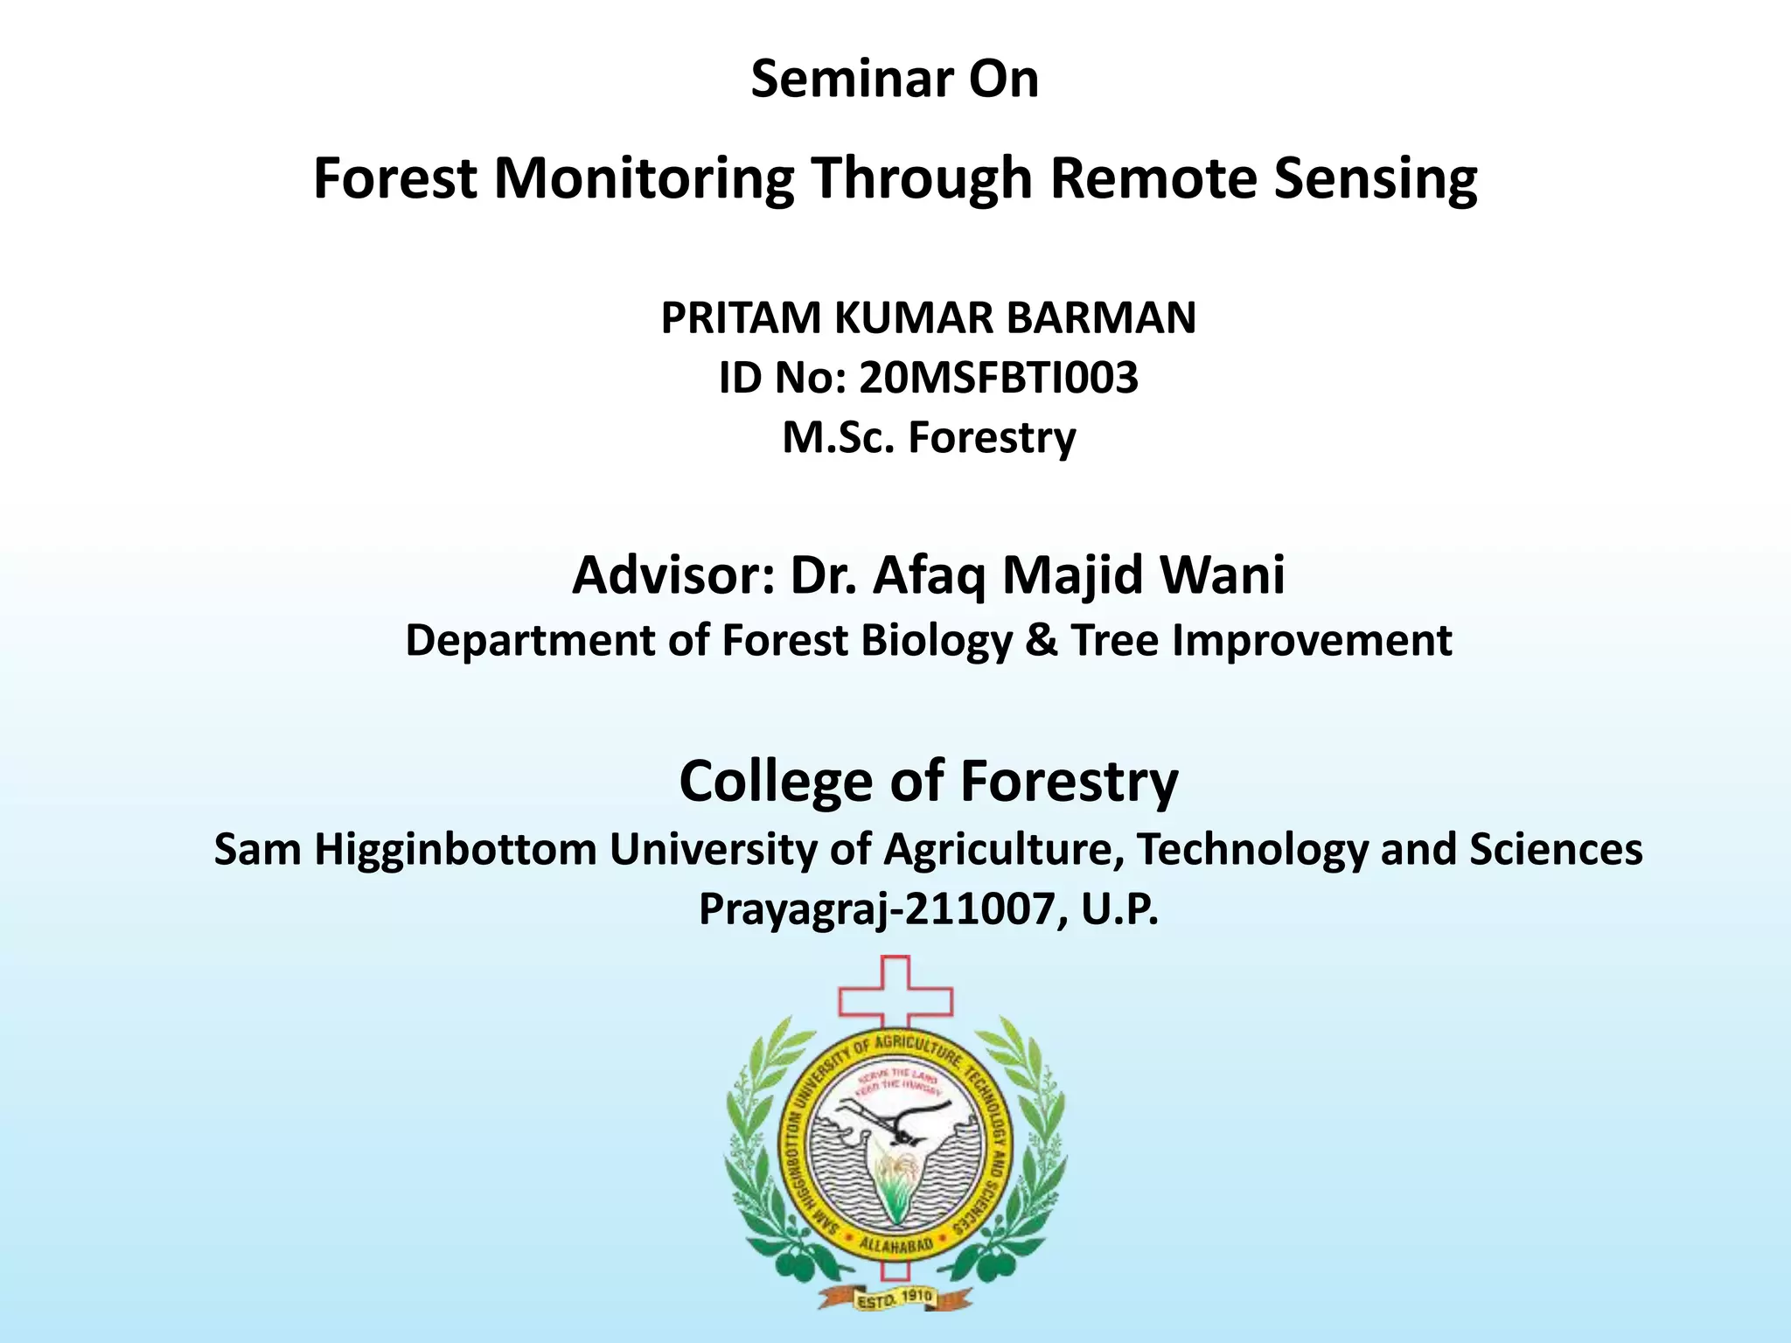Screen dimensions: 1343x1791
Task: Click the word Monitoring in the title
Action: [x=644, y=178]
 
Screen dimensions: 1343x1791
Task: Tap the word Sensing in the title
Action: [x=1376, y=178]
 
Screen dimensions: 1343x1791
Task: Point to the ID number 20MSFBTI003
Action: [x=999, y=378]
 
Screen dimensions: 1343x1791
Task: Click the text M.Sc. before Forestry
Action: [x=839, y=437]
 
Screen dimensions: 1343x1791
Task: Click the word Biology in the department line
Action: [x=937, y=641]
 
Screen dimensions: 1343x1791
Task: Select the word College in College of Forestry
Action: [x=776, y=781]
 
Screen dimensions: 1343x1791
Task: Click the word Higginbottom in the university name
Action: [x=455, y=850]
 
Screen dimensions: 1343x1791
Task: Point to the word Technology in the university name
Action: [x=1252, y=850]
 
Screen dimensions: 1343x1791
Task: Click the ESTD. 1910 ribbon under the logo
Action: [x=895, y=1300]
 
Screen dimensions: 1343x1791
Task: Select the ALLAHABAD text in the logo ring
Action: [x=895, y=1244]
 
